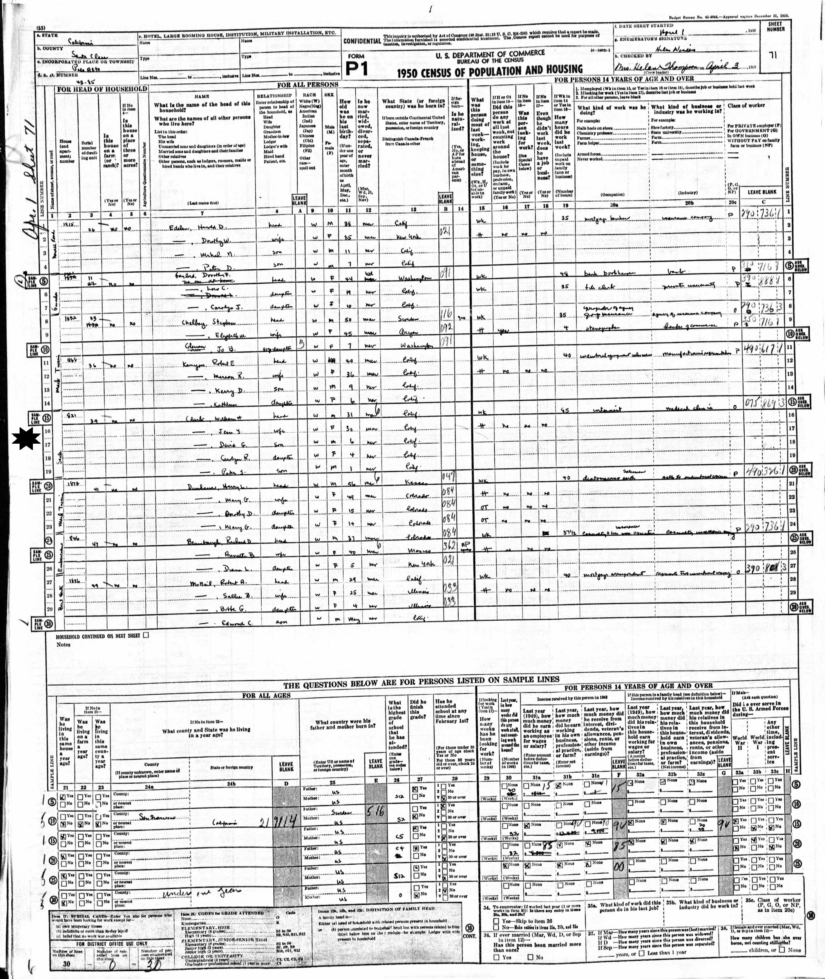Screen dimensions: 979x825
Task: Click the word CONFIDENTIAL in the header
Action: (x=362, y=41)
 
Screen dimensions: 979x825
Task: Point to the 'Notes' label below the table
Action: (x=63, y=644)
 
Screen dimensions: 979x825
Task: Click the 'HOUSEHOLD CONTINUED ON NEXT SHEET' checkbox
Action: (x=146, y=635)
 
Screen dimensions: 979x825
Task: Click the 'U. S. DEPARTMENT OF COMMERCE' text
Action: (x=490, y=53)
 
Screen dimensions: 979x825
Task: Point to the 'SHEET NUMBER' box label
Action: (x=774, y=26)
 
